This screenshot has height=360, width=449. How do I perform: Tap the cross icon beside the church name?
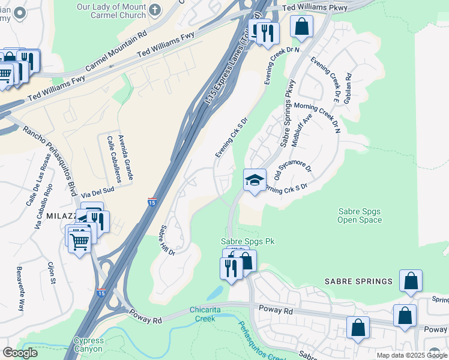tap(155, 10)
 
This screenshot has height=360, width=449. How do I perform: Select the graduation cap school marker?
tap(255, 180)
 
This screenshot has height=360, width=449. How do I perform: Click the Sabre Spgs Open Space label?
tap(360, 215)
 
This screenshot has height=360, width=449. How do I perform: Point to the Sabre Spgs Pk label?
tap(248, 241)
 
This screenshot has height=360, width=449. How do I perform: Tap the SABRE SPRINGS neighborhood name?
tap(358, 281)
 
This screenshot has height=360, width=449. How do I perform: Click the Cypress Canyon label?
tap(88, 344)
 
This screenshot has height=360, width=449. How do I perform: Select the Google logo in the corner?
tap(20, 352)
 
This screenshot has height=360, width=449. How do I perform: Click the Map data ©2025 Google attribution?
tap(412, 355)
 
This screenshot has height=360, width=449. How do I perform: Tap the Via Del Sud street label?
tap(97, 191)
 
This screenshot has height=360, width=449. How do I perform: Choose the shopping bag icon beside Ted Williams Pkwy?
tap(301, 27)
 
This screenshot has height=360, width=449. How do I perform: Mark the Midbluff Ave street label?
tap(301, 131)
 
